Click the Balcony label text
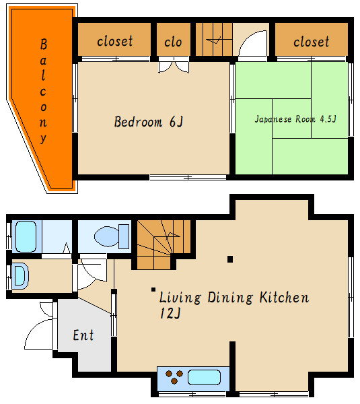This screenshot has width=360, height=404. pos(43,91)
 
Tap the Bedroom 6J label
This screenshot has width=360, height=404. pos(149,122)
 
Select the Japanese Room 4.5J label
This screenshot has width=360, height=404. pos(295,119)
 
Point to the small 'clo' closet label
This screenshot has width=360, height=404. pos(173,42)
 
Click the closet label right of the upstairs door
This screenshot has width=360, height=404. pos(311,42)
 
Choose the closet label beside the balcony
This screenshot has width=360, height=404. pos(115,41)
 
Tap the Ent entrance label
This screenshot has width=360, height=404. pos(83,335)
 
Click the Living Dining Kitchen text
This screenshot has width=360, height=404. pos(234,298)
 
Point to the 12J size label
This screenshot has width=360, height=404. pos(170,313)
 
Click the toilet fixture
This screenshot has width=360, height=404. pos(112,236)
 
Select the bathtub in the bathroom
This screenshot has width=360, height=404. pos(26,236)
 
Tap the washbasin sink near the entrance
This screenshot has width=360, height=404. pos(20,276)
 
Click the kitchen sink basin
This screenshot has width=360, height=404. pos(204,378)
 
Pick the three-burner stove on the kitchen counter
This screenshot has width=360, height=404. pos(174,377)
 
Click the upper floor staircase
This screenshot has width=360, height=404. pos(214,39)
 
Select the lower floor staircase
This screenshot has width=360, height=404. pos(164,244)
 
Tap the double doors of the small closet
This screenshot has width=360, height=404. pos(174,65)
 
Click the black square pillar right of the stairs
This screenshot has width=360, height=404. pos(230,259)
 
